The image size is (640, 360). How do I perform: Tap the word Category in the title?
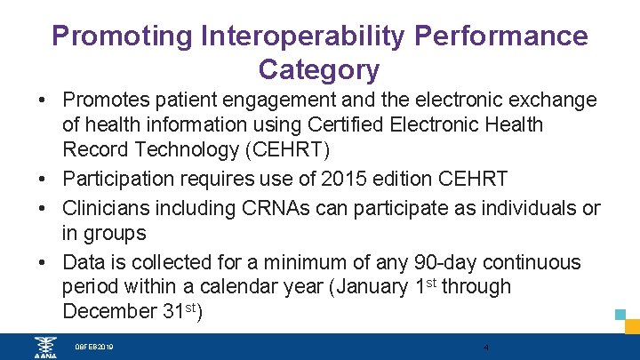318,68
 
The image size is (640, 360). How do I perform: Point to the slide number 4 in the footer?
486,347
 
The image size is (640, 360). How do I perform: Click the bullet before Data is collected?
43,262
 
